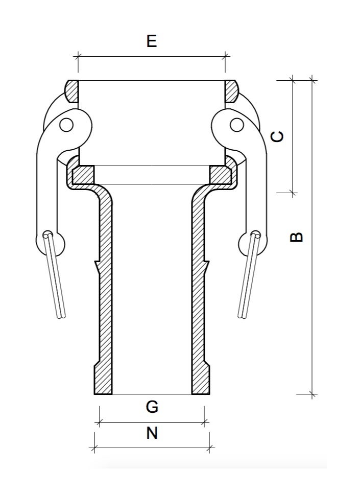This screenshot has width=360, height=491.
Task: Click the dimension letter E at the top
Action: (151, 41)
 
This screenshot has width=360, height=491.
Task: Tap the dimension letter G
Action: (152, 407)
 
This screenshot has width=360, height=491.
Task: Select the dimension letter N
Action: (152, 433)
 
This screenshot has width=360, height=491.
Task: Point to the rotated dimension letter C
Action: (277, 136)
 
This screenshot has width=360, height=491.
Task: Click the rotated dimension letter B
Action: (296, 237)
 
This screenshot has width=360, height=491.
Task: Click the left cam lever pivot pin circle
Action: (66, 124)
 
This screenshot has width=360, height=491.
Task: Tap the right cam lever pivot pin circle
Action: (235, 124)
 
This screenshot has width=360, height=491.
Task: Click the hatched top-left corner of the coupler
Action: (72, 91)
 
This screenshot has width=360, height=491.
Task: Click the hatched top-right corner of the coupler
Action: (231, 91)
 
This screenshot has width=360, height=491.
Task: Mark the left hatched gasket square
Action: (83, 175)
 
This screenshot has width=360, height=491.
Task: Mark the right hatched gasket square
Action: (220, 175)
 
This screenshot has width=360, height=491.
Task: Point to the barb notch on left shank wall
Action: (97, 266)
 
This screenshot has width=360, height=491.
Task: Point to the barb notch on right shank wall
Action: (206, 266)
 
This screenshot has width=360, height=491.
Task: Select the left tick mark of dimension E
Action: (78, 56)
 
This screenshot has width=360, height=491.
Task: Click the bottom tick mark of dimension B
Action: (313, 394)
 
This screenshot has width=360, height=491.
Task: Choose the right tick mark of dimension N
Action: (209, 449)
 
